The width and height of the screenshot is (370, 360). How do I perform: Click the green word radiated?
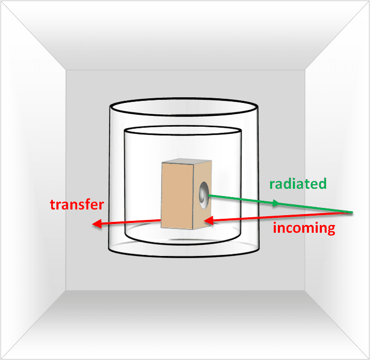(298, 184)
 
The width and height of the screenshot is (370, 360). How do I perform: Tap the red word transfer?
(77, 204)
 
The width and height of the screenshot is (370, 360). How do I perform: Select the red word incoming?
(304, 228)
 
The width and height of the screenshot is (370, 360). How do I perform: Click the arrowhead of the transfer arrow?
(97, 223)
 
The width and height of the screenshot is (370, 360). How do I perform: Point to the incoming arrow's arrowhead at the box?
(209, 220)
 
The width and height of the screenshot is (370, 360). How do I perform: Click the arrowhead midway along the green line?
(276, 203)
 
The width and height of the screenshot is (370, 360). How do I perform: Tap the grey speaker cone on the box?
(204, 195)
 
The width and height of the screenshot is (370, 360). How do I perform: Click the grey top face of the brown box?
(187, 161)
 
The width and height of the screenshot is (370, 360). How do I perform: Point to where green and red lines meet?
(351, 213)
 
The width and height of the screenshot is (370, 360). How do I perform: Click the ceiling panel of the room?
(185, 35)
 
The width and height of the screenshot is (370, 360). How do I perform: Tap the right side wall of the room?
(336, 180)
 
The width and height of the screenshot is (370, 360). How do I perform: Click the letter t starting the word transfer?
(53, 205)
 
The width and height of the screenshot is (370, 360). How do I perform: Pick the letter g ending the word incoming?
(331, 230)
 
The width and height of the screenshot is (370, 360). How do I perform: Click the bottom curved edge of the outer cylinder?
(184, 257)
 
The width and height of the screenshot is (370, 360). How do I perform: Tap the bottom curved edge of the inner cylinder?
(183, 244)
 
